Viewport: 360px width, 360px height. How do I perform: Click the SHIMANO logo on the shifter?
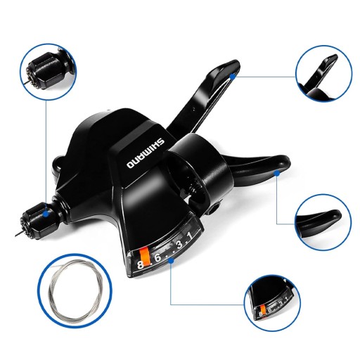(146, 153)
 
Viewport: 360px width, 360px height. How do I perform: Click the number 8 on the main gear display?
(140, 265)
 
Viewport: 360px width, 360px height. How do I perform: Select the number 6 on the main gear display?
(157, 258)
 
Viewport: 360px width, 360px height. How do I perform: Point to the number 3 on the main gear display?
(179, 245)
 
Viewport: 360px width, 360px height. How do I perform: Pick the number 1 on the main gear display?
(190, 236)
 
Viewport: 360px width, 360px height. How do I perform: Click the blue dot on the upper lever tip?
(232, 76)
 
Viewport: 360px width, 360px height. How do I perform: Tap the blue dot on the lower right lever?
(277, 173)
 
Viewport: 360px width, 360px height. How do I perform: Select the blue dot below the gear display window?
(172, 260)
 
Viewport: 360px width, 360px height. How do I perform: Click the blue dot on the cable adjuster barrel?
(46, 214)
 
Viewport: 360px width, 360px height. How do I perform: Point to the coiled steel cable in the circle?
(75, 290)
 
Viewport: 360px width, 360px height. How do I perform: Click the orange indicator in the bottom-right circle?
(263, 310)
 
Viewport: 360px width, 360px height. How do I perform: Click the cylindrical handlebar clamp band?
(202, 169)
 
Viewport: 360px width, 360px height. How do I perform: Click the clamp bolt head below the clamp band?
(214, 208)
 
